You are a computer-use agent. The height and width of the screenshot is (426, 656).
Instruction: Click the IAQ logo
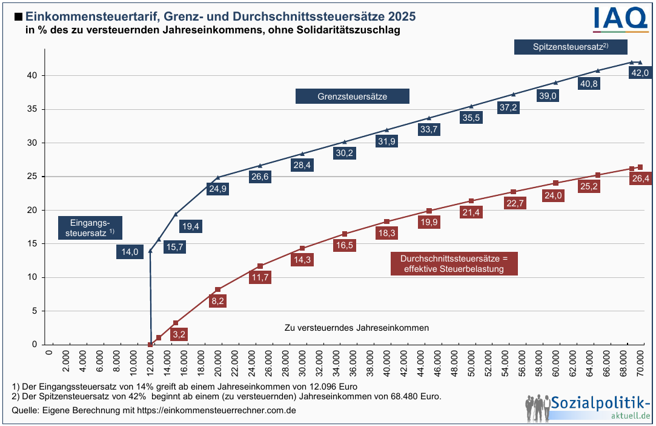620,18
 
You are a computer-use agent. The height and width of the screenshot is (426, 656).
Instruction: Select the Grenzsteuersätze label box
352,96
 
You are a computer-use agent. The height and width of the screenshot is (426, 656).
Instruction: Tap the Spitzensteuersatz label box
570,47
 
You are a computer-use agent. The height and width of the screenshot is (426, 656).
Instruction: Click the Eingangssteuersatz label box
90,227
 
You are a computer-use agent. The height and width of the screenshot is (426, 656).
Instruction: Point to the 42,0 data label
640,73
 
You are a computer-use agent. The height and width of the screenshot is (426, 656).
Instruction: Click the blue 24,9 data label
217,189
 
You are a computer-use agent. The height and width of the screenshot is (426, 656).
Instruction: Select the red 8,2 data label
217,300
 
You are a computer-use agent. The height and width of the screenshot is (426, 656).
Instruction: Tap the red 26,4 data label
640,178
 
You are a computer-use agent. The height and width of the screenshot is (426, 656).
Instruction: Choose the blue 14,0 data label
130,252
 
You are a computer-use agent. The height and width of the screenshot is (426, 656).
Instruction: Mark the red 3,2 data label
179,333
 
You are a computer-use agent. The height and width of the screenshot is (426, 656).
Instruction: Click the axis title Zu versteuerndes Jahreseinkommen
356,328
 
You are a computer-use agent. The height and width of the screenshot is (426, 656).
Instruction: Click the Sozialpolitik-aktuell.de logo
587,407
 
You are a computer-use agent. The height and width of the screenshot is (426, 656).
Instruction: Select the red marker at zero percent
150,345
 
